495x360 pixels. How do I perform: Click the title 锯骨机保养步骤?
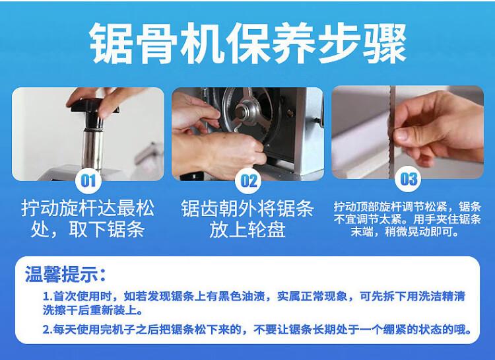[247, 44]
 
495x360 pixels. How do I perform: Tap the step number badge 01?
[88, 181]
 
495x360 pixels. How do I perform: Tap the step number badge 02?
[248, 181]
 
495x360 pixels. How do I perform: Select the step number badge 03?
[408, 179]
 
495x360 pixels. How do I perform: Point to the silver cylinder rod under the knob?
[92, 144]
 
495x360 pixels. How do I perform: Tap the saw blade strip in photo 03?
[393, 132]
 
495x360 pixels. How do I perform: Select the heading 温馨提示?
[65, 273]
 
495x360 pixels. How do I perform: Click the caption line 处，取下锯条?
[88, 229]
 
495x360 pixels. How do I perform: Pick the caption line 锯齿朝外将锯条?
[247, 209]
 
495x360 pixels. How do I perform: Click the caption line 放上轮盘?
[247, 230]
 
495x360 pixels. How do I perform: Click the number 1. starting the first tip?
[48, 297]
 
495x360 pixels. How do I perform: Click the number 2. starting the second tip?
[48, 330]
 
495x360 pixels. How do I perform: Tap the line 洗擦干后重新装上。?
[92, 310]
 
